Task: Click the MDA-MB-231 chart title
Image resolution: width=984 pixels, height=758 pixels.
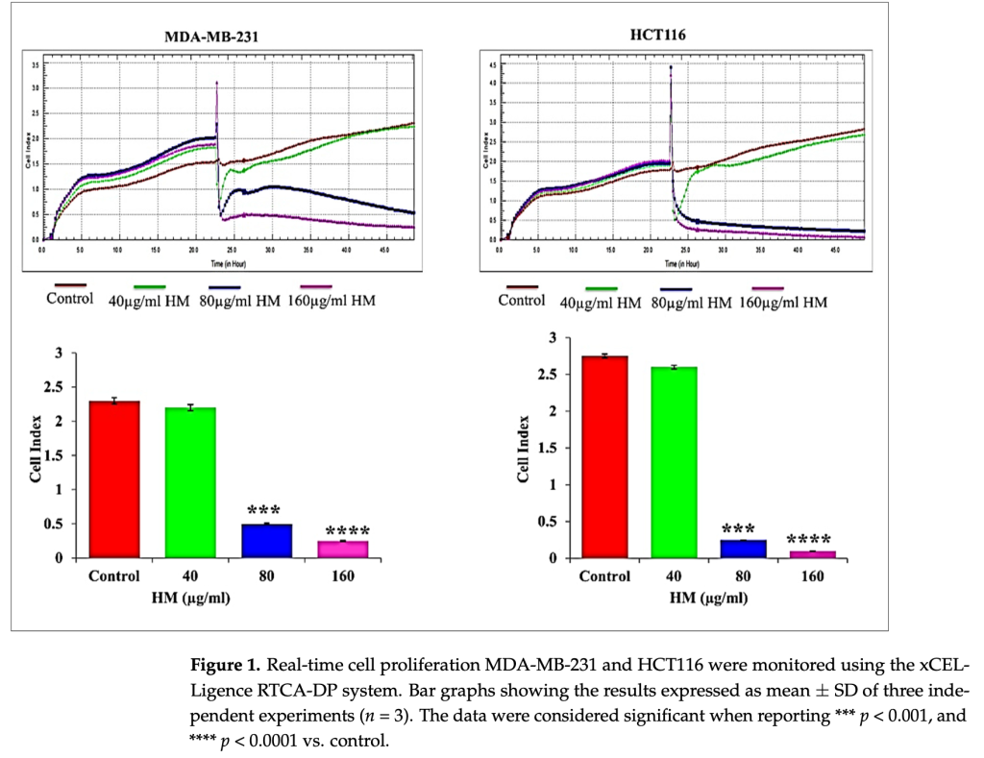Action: click(211, 38)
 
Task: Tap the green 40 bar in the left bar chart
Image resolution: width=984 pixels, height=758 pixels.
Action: click(190, 482)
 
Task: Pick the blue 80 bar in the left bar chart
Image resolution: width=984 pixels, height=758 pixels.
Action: click(266, 540)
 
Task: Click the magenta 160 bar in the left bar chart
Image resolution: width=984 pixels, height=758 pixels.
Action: click(343, 549)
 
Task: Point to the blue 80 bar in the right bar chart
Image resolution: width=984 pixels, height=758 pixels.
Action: click(744, 549)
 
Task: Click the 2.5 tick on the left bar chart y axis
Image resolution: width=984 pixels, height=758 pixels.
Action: click(64, 387)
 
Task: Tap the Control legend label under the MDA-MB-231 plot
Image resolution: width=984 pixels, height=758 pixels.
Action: click(70, 299)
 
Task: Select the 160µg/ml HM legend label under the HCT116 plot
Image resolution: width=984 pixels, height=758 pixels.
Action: click(783, 303)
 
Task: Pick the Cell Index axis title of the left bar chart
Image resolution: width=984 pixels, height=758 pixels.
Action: click(37, 450)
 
